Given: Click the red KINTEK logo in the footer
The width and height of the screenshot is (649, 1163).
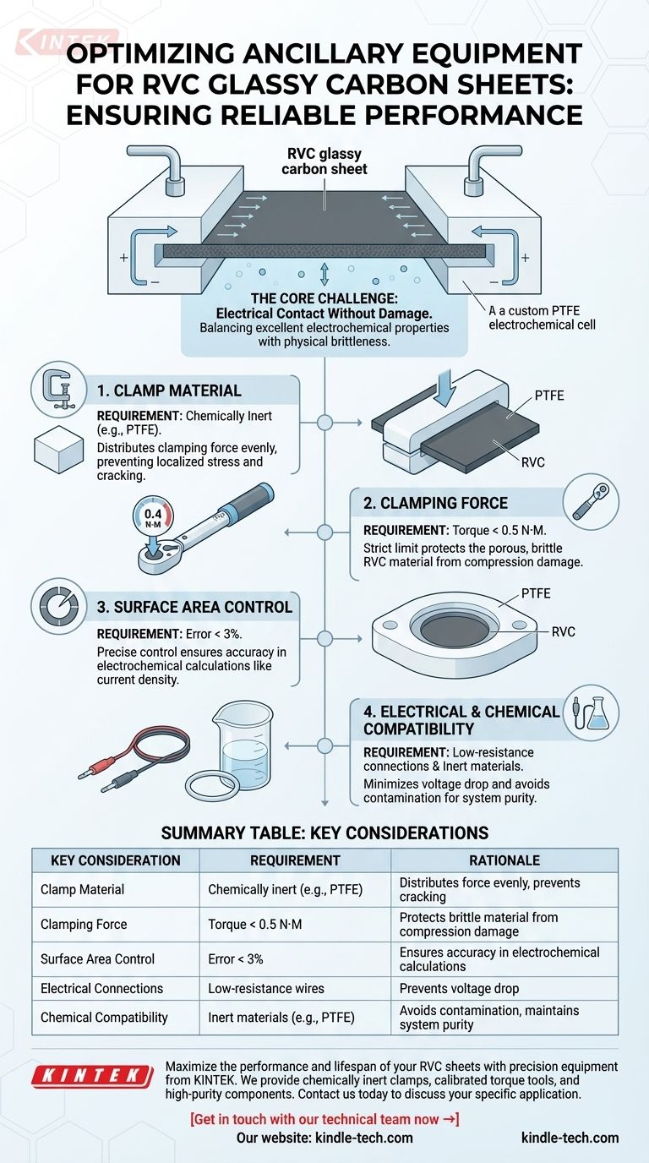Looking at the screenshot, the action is pyautogui.click(x=92, y=1076).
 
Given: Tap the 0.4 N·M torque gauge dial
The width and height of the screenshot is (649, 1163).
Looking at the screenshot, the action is pyautogui.click(x=153, y=517).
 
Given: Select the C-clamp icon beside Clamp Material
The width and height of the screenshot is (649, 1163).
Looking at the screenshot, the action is pyautogui.click(x=58, y=389).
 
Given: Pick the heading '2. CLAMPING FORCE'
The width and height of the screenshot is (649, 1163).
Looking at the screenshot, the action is pyautogui.click(x=435, y=503).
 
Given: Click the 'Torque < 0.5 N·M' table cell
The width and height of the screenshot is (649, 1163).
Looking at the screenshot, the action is pyautogui.click(x=254, y=924).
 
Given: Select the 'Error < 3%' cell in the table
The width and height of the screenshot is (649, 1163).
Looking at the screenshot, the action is pyautogui.click(x=235, y=959).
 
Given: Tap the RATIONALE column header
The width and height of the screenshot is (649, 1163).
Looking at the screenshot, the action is pyautogui.click(x=504, y=860).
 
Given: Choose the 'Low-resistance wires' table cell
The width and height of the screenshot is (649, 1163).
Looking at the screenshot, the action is pyautogui.click(x=266, y=989).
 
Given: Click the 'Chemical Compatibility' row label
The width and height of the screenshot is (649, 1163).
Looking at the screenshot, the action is pyautogui.click(x=104, y=1018).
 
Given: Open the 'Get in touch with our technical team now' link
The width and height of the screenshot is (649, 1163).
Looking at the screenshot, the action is pyautogui.click(x=324, y=1119).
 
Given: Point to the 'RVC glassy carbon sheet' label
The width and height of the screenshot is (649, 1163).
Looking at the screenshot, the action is pyautogui.click(x=324, y=161).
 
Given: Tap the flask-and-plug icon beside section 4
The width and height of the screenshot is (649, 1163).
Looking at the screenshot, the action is pyautogui.click(x=591, y=713).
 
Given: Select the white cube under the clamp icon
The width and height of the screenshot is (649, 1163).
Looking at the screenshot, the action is pyautogui.click(x=58, y=449).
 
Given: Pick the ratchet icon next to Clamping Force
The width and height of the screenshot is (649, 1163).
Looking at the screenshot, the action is pyautogui.click(x=591, y=502).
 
